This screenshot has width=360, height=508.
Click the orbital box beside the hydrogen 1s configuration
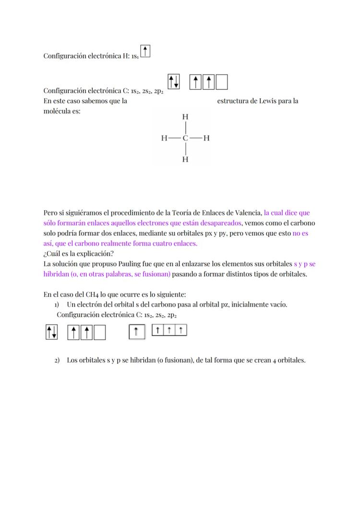[145, 51]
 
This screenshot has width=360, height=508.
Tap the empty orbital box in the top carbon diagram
[222, 83]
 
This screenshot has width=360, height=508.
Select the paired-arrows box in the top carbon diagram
[174, 82]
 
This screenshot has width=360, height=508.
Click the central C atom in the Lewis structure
[185, 138]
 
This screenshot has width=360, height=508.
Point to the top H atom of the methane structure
[185, 117]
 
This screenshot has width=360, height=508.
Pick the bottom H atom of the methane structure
[185, 159]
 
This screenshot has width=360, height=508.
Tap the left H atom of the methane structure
[164, 138]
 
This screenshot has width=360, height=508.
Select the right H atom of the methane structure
[206, 138]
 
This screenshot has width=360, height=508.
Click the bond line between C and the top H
[185, 128]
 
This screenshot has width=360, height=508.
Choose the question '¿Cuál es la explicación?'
[75, 253]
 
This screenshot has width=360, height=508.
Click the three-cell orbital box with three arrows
[169, 330]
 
